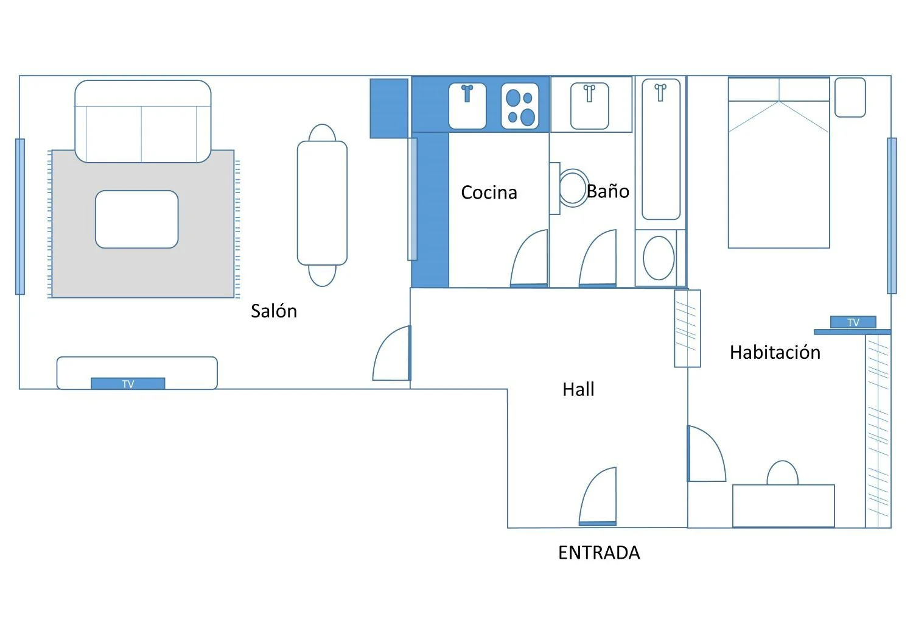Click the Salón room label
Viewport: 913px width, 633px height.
[274, 311]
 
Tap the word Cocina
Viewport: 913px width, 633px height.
[489, 193]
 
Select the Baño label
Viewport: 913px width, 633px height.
[607, 191]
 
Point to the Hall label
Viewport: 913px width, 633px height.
[578, 389]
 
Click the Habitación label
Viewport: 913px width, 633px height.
[775, 352]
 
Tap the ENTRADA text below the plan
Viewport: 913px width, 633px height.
[599, 553]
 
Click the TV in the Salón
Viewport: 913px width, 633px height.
[128, 384]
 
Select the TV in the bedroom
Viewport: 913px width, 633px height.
[853, 322]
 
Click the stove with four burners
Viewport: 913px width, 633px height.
[520, 106]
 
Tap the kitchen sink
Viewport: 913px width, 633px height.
[467, 106]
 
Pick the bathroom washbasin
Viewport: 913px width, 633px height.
[590, 106]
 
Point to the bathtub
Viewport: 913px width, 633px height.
[660, 149]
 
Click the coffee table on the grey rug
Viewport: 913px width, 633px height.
[136, 219]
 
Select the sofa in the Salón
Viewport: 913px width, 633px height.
[142, 121]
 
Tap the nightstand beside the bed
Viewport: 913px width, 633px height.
[850, 97]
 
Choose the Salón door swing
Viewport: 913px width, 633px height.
[392, 353]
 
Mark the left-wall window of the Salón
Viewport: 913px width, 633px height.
[20, 216]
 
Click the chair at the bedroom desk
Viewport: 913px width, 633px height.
[782, 473]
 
